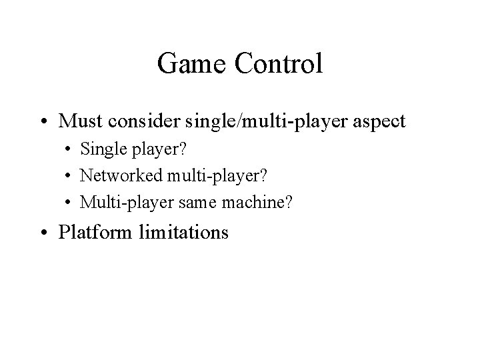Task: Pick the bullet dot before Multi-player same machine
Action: tap(69, 201)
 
